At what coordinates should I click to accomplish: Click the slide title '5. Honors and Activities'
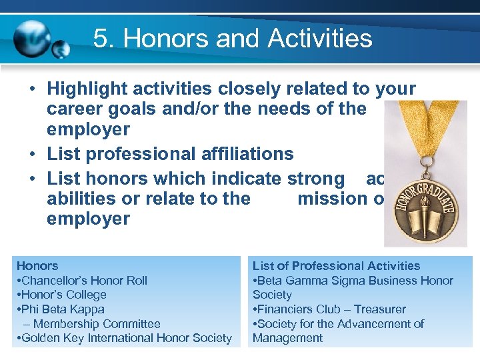(x=233, y=38)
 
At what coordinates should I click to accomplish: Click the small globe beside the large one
(x=61, y=49)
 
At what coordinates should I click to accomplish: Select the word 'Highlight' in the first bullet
(x=87, y=89)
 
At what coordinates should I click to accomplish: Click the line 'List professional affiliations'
(x=170, y=154)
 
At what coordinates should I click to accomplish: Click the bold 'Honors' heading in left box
(x=37, y=266)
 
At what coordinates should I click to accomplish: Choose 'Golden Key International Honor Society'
(x=126, y=338)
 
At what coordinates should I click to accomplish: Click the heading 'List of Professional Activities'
(x=336, y=266)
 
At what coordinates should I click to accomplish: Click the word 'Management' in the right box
(x=287, y=338)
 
